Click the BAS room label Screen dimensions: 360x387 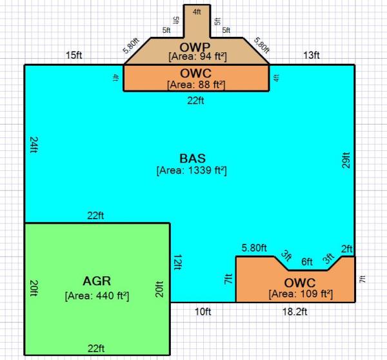[x=192, y=158]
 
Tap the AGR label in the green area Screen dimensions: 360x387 [x=97, y=281]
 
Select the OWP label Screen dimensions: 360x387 [x=196, y=46]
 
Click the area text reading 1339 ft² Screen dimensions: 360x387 [x=192, y=171]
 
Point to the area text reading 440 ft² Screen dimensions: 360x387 [x=97, y=296]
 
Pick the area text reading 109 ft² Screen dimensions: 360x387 [x=301, y=294]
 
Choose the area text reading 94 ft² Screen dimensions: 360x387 [x=196, y=57]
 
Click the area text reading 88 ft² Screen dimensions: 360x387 [x=196, y=85]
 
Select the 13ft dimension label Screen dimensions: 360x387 [x=312, y=55]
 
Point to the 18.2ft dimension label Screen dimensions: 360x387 [x=295, y=312]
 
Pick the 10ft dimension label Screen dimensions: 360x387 [x=203, y=312]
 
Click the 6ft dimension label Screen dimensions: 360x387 [x=307, y=262]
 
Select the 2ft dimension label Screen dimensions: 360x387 [x=347, y=249]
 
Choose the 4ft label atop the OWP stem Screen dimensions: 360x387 [x=196, y=11]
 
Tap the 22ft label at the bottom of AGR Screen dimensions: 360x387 [x=97, y=348]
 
